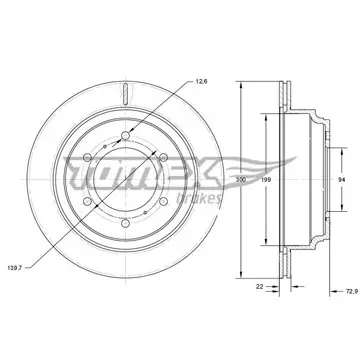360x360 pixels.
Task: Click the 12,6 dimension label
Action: (202, 81)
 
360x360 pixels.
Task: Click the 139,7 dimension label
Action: (14, 268)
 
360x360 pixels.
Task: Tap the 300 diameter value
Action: (240, 180)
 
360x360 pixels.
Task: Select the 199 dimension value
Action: (266, 180)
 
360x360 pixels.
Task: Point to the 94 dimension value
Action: (341, 180)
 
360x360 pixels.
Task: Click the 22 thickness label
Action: (259, 286)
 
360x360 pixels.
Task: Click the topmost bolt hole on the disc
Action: (125, 135)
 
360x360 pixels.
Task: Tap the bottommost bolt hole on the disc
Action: (125, 223)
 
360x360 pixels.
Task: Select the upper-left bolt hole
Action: (87, 157)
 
